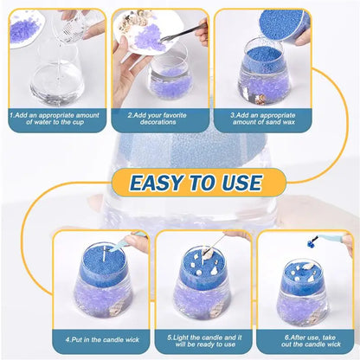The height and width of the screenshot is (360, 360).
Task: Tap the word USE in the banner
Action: (235, 183)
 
